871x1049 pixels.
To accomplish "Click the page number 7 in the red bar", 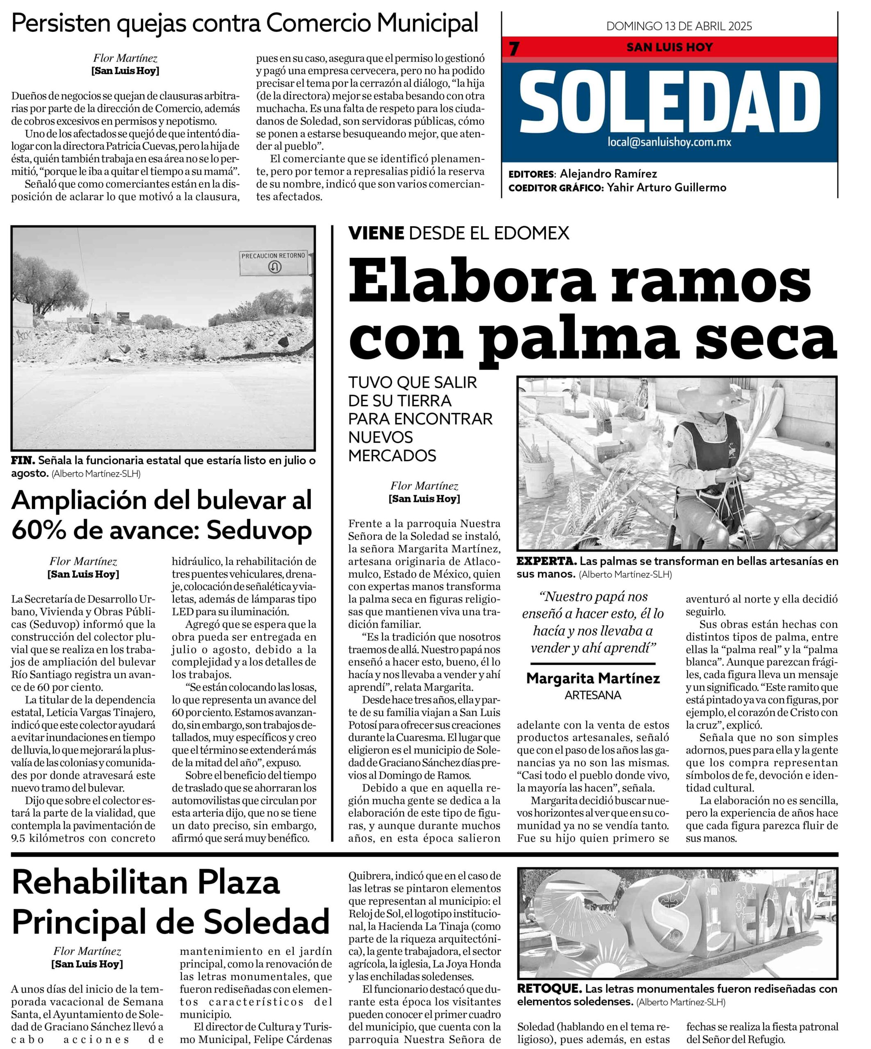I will click(514, 48).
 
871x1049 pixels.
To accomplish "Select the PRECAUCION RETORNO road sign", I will click(273, 262).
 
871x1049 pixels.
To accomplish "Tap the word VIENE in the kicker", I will click(376, 233).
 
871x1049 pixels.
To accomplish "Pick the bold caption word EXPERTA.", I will click(546, 561).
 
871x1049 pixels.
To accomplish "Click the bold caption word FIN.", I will click(23, 461).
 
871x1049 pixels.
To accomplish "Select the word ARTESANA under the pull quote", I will click(593, 695).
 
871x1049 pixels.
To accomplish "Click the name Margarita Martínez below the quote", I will click(593, 678).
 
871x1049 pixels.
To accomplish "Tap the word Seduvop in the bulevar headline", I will click(259, 531).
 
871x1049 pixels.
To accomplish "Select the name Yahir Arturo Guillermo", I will click(666, 188).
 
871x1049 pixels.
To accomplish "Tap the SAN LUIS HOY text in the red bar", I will click(670, 48).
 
